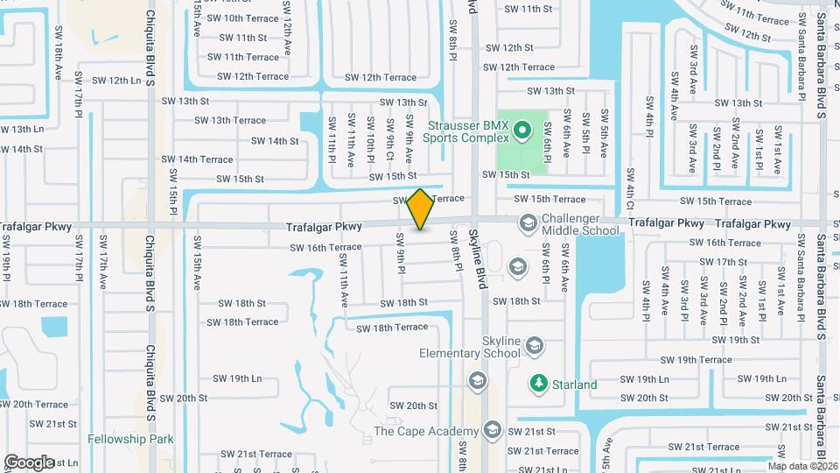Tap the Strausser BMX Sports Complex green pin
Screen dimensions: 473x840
522,133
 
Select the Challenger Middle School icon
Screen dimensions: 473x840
528,223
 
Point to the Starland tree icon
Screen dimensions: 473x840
537,384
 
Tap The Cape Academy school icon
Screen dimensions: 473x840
493,430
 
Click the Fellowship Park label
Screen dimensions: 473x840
130,439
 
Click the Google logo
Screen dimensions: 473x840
29,462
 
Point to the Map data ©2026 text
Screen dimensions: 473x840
801,466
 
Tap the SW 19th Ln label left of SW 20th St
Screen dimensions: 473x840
237,379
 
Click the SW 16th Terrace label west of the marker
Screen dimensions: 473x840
326,247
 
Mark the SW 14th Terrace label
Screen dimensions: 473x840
197,159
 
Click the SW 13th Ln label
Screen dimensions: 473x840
21,130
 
